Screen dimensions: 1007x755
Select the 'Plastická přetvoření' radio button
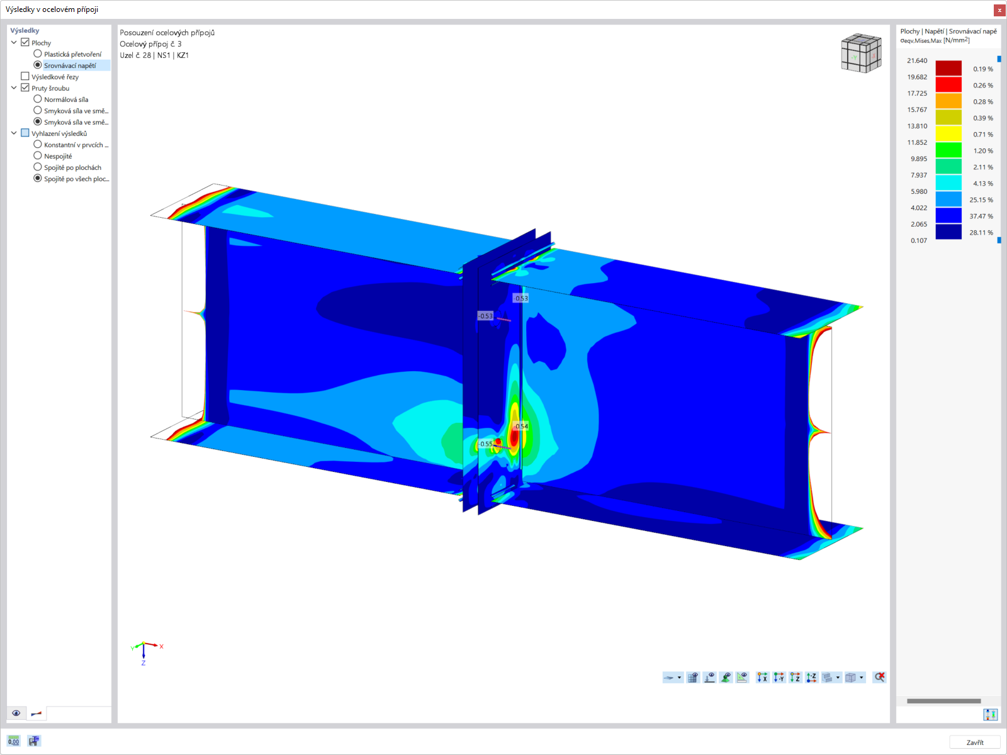coord(38,54)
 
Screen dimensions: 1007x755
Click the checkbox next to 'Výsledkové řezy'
coord(25,77)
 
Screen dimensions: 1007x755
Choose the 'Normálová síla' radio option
coord(38,99)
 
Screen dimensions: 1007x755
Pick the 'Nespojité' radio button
coord(38,156)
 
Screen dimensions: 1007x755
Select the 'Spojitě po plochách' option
coord(38,167)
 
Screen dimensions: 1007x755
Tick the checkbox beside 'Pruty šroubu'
coord(25,87)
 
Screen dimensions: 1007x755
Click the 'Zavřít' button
coord(974,742)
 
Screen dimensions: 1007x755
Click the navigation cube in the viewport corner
coord(861,53)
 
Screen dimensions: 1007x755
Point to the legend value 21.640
coord(917,60)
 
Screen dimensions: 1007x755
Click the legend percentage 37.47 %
coord(981,216)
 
